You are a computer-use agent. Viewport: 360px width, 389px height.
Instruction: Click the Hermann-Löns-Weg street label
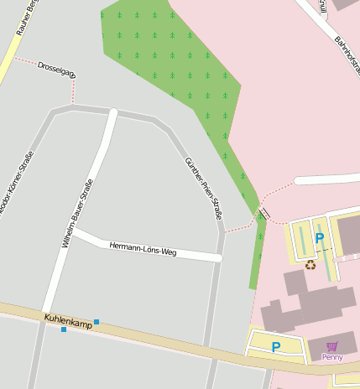143,248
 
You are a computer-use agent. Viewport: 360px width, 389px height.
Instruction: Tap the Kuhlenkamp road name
68,320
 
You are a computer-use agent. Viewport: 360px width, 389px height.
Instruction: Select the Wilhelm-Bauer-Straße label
76,213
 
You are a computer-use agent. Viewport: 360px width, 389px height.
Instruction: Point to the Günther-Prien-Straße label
204,189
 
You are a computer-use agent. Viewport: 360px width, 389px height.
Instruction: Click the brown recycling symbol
310,265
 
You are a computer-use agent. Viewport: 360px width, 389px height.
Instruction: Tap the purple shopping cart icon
332,345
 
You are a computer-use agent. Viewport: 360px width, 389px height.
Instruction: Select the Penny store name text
332,357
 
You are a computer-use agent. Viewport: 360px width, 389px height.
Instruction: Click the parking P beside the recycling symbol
319,239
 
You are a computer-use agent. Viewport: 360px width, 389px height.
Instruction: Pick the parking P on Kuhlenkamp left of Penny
275,346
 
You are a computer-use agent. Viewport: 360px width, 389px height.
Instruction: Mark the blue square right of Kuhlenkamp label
97,322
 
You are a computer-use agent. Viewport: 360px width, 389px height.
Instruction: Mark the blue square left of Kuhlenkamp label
63,329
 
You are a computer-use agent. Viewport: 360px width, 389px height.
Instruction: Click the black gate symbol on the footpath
263,214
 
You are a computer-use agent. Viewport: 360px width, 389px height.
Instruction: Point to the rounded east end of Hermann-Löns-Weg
217,258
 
